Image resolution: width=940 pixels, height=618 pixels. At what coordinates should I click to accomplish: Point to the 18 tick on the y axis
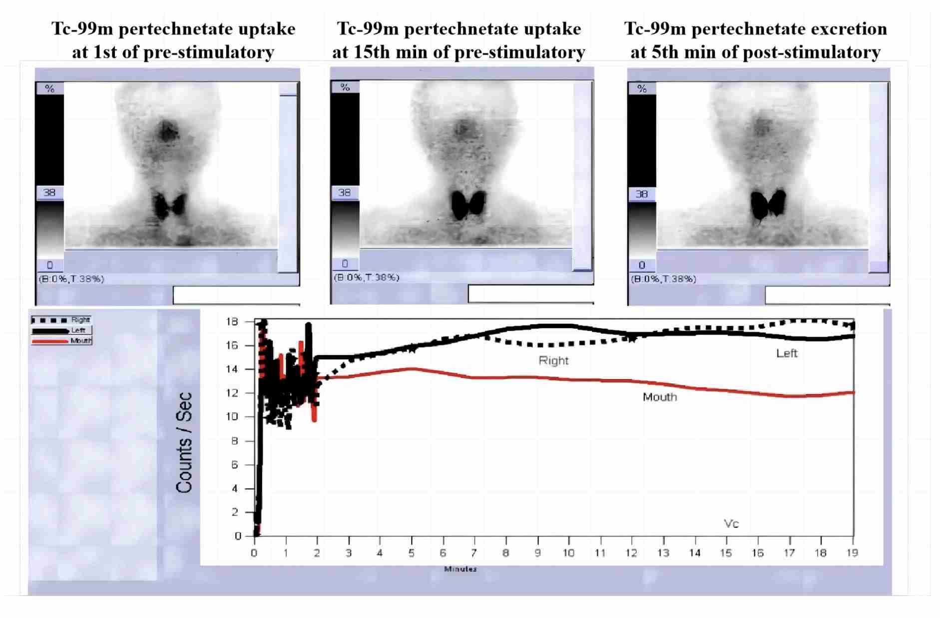(232, 321)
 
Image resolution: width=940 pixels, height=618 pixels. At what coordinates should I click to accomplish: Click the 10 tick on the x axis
(569, 553)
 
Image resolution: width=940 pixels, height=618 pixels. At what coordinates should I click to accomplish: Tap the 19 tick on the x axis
(853, 553)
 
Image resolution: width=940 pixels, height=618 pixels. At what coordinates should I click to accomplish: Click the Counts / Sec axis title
(184, 443)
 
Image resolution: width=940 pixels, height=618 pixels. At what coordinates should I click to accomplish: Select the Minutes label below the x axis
(460, 569)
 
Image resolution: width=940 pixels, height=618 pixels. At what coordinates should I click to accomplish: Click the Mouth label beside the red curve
(660, 397)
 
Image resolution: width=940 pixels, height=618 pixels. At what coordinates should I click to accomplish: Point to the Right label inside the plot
(553, 360)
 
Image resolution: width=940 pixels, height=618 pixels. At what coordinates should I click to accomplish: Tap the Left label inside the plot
(787, 353)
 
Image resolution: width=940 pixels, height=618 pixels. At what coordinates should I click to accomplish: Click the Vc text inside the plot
(731, 523)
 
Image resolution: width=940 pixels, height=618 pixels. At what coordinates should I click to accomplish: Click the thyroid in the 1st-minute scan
(169, 205)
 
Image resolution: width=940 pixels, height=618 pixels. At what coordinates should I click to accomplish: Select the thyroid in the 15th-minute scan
(468, 204)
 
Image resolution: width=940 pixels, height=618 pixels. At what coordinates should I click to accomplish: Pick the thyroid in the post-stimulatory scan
(768, 204)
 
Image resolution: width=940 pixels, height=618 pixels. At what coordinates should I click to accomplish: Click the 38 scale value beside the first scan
(49, 192)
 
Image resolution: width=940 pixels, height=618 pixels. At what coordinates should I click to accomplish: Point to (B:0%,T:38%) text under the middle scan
(367, 277)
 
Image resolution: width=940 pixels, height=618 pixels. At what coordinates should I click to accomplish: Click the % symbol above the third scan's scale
(642, 88)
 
